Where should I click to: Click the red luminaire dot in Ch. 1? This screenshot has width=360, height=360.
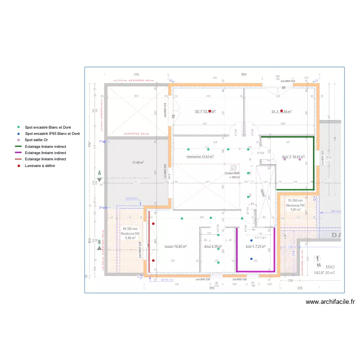tap(210, 111)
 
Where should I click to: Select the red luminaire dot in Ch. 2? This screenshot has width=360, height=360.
tap(282, 111)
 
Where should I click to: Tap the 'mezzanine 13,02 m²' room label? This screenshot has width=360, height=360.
tap(200, 156)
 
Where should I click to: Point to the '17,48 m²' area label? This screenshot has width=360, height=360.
tap(138, 163)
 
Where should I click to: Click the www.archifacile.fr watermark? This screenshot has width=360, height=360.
tap(330, 302)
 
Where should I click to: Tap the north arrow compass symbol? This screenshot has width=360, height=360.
tap(317, 263)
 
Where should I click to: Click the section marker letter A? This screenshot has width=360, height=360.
tap(99, 172)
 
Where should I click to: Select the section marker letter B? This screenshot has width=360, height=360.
tap(99, 242)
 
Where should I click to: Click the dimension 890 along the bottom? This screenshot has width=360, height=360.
tap(211, 288)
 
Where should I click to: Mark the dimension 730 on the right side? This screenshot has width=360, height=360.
tap(336, 139)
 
